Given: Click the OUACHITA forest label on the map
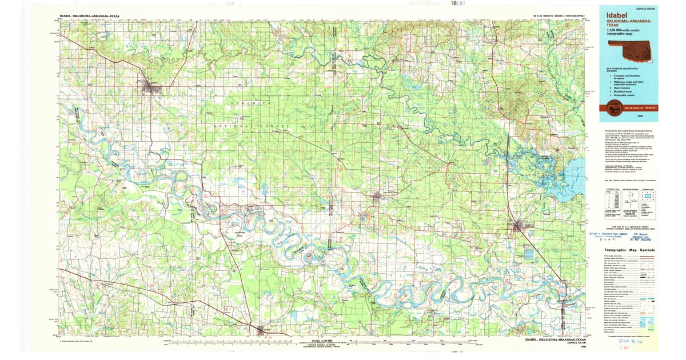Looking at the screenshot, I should tap(249, 102).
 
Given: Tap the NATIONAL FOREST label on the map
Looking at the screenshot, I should tap(252, 126).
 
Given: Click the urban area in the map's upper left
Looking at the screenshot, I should tap(153, 87).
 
